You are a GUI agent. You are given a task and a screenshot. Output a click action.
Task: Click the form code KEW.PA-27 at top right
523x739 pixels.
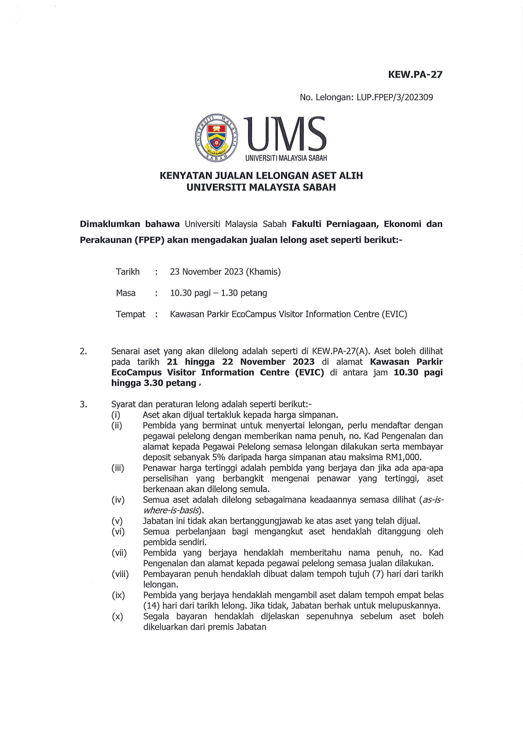coord(415,75)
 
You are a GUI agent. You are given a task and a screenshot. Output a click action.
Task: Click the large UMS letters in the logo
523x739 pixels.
coord(286,134)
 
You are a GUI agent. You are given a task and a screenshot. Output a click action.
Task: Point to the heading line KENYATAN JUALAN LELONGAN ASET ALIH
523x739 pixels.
coord(261,176)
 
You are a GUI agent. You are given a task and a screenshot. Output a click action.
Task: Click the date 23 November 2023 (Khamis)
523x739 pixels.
coord(225,272)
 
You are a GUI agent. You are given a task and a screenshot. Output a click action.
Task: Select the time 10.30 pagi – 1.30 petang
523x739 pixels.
coord(218,293)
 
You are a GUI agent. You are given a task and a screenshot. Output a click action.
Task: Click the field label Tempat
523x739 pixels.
coord(131,314)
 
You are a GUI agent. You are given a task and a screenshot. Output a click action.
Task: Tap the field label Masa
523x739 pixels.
coord(126,293)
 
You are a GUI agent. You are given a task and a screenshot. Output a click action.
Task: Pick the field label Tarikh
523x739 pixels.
coord(127,272)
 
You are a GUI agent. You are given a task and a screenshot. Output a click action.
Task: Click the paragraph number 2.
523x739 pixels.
coord(83,351)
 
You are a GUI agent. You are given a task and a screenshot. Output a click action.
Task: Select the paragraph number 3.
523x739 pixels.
coord(83,404)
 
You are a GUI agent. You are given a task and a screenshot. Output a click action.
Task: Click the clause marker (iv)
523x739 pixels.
coord(118,500)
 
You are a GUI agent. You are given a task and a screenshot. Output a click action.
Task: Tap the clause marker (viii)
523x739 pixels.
coord(120,574)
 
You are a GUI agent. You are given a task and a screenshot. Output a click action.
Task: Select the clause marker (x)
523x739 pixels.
coord(117,616)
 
